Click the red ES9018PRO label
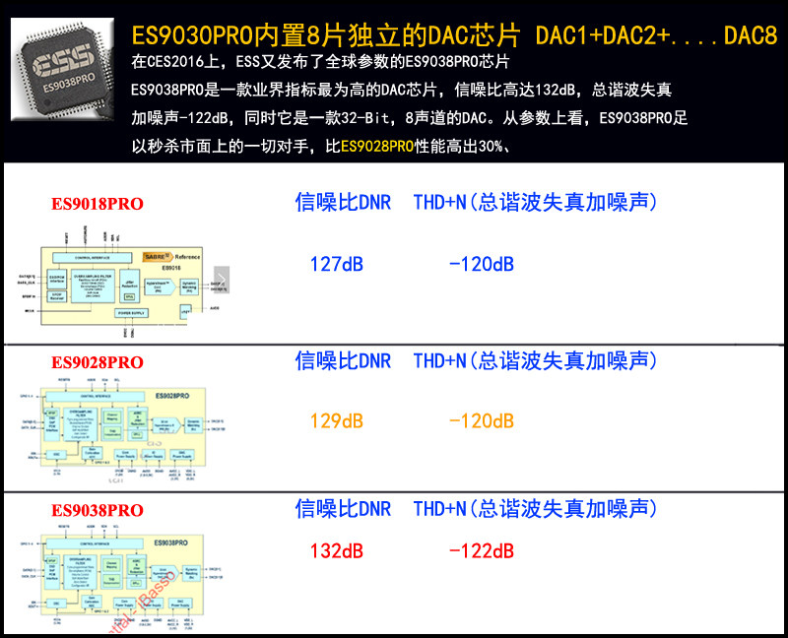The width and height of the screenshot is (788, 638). pos(98,204)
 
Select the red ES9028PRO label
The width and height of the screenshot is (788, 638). pos(98,361)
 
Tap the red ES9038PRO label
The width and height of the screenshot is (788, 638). pos(98,510)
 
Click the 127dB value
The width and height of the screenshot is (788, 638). pos(337,264)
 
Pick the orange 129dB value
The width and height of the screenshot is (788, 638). pos(337,421)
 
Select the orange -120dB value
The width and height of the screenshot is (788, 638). pos(481,421)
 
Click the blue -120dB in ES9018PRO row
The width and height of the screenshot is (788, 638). pos(481,264)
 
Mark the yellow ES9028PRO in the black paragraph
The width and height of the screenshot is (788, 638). pos(377,147)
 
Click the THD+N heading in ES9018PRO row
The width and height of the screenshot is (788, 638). pos(535,203)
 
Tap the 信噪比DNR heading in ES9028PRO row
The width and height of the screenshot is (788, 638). pos(343,360)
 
